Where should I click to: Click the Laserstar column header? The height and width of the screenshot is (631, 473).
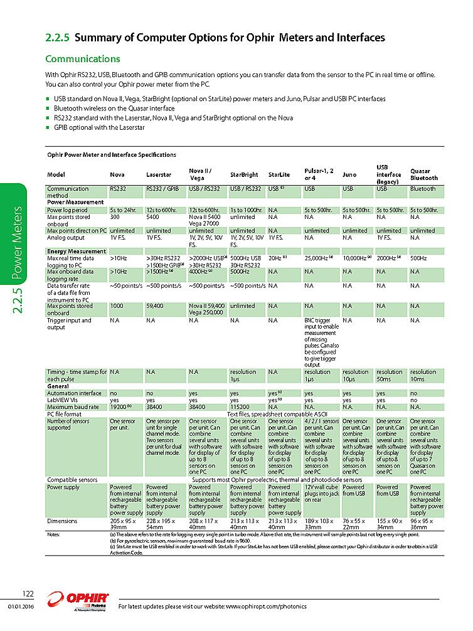(x=158, y=175)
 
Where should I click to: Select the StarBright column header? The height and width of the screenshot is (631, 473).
(x=244, y=175)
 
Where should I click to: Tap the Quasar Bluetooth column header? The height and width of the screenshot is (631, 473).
(x=424, y=174)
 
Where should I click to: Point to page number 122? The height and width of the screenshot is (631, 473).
(x=28, y=594)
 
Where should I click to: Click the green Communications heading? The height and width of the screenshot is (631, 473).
(x=83, y=59)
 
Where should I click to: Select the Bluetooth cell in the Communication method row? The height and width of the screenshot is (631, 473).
(x=423, y=188)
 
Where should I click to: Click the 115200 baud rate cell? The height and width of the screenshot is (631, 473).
(x=241, y=406)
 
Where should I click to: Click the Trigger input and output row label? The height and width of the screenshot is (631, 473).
(x=69, y=324)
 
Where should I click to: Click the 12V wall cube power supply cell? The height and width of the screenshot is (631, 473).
(x=321, y=494)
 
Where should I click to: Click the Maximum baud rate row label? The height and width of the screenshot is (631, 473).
(x=73, y=406)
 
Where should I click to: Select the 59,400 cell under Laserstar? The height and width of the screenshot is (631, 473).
(x=156, y=306)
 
